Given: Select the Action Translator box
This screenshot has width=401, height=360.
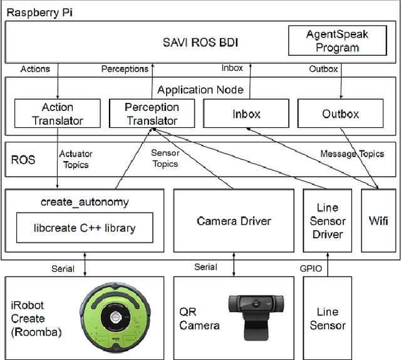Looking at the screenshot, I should (x=58, y=114).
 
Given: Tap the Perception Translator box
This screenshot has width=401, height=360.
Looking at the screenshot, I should (x=152, y=114).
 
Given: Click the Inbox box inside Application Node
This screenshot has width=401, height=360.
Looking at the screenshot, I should (x=246, y=114).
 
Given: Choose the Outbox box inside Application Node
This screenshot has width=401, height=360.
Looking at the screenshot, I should (x=341, y=114).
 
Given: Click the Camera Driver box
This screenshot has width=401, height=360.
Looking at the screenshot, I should (x=234, y=221).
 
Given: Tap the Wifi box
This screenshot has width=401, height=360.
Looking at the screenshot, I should (x=378, y=221).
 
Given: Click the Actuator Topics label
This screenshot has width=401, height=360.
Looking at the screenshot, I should (x=76, y=159).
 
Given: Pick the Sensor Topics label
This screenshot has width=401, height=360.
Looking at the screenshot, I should (x=165, y=159).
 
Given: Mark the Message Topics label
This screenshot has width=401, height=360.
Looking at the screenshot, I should (x=353, y=154).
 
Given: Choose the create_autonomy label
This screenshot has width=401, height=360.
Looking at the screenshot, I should (x=85, y=201).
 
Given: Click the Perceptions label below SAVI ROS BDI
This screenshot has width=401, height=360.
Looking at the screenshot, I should (x=125, y=69).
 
